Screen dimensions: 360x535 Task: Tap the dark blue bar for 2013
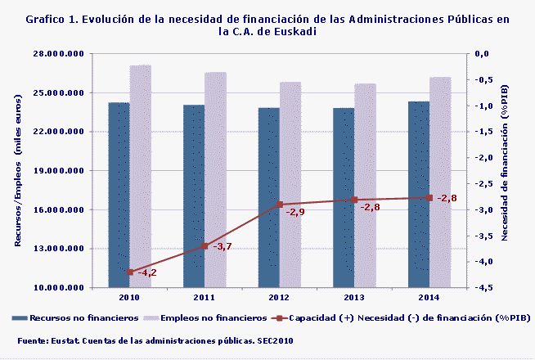[x=344, y=196]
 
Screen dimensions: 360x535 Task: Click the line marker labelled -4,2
[x=130, y=272]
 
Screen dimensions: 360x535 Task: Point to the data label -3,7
[x=223, y=246]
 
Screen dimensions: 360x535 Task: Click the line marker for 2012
[x=279, y=204]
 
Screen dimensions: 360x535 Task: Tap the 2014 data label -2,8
[x=446, y=198]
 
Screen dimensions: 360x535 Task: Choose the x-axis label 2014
[x=429, y=298]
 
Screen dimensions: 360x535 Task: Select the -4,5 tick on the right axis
[x=483, y=288]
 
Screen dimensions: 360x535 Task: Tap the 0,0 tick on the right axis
[x=483, y=54]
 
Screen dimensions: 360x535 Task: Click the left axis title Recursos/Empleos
[x=18, y=170]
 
